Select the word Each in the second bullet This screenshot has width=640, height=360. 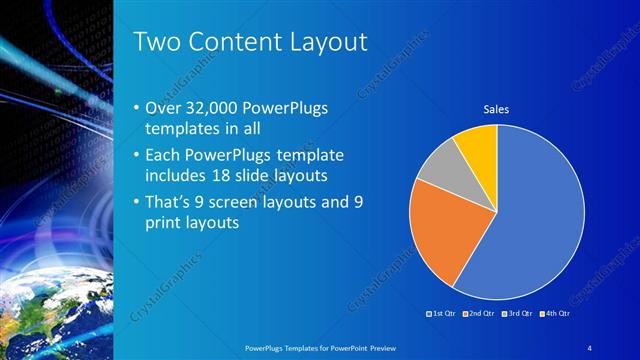tap(164, 155)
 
